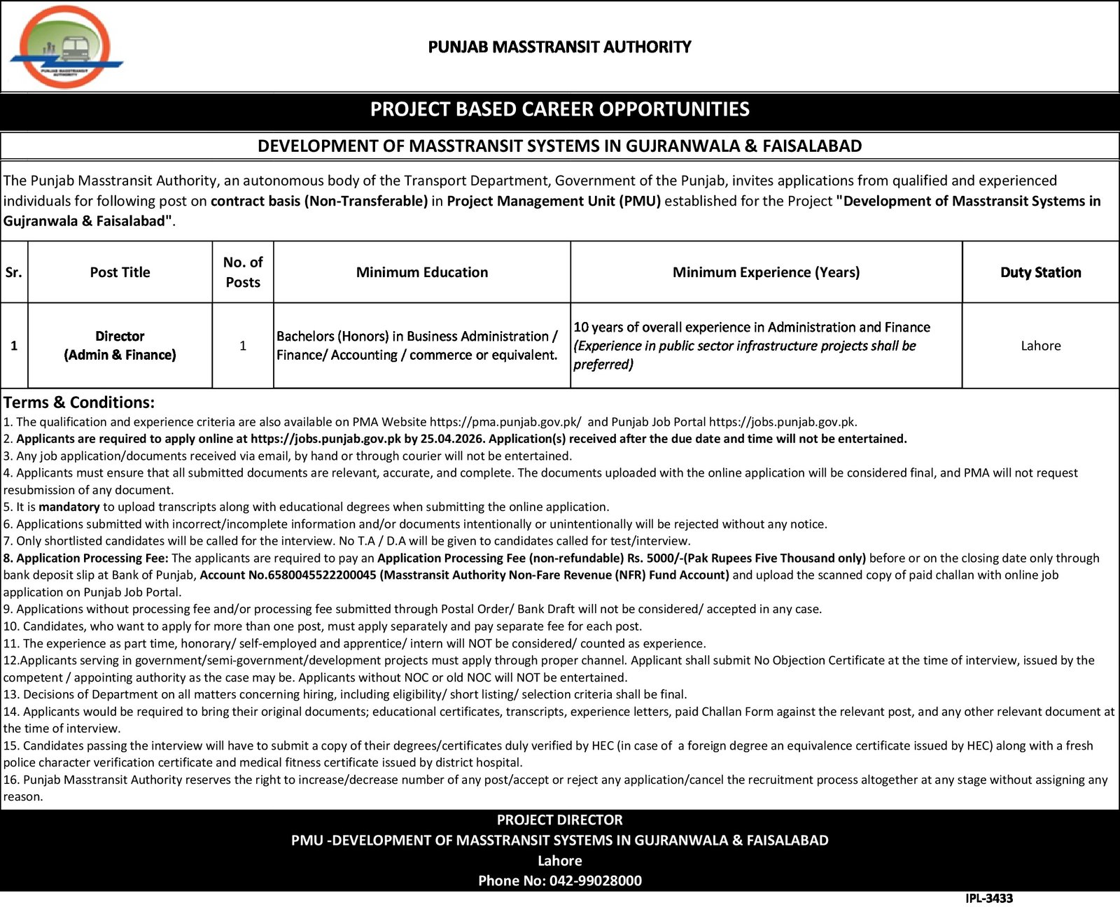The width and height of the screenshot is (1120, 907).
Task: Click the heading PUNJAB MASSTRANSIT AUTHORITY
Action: [559, 47]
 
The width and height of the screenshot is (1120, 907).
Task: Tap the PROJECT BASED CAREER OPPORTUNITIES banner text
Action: [559, 109]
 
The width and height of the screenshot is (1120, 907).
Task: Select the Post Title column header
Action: [120, 272]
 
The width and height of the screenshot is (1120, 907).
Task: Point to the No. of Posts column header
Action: [242, 272]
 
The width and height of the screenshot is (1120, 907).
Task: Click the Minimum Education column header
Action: [421, 272]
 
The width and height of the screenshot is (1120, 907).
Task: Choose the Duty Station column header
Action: [1040, 272]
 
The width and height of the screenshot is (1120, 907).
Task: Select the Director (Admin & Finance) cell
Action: [120, 346]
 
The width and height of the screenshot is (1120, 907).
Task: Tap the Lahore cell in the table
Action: [1040, 346]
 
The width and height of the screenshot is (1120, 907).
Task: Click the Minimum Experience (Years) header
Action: [766, 272]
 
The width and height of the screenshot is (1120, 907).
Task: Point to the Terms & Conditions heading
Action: [78, 402]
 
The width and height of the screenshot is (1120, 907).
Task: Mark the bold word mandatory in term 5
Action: [69, 507]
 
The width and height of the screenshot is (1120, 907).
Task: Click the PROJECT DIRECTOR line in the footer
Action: [559, 820]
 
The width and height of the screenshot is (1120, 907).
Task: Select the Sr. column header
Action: [14, 272]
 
